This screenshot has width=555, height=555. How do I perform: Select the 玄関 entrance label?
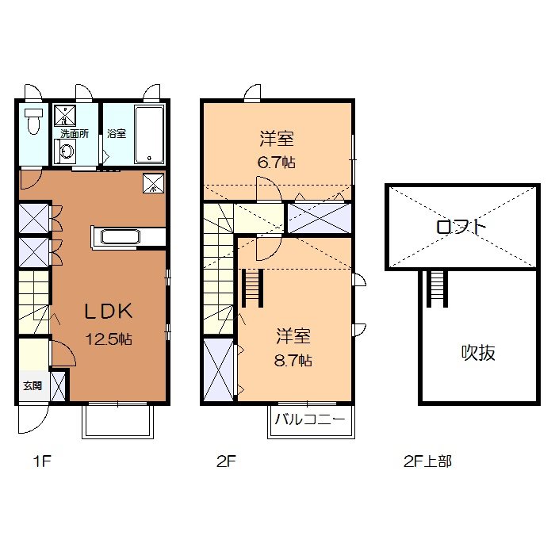click(32, 386)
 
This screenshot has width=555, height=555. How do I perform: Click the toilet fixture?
click(33, 121)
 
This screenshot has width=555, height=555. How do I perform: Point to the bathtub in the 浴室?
click(149, 134)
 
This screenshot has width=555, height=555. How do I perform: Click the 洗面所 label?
click(75, 134)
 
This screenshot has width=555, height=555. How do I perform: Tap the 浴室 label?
click(117, 134)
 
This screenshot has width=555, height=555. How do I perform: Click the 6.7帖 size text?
click(277, 163)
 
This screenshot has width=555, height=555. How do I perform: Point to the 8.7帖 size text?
click(294, 361)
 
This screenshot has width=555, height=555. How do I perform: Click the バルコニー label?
click(310, 420)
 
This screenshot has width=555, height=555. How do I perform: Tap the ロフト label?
click(461, 227)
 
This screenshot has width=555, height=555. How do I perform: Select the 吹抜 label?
click(478, 354)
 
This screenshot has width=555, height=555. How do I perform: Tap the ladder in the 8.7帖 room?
click(252, 288)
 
